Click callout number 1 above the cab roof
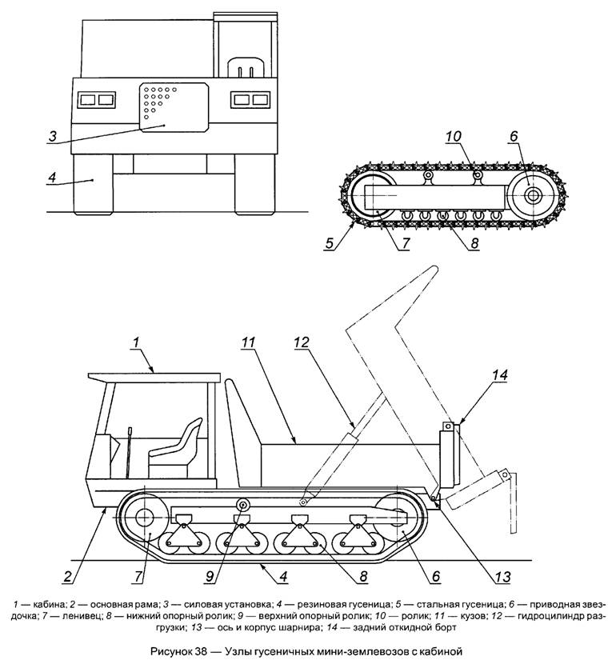136,341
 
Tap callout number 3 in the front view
51,135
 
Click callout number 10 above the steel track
454,136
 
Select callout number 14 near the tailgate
499,373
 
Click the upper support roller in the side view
242,504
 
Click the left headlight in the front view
96,100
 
